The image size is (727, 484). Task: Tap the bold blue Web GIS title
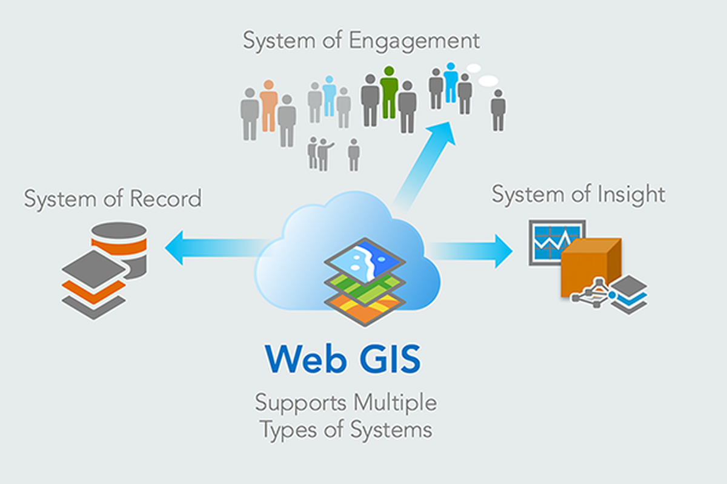tap(342, 358)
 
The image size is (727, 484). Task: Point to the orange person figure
tap(268, 104)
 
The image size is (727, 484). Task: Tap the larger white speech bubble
tap(488, 80)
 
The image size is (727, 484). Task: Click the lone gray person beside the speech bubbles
tap(498, 110)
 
